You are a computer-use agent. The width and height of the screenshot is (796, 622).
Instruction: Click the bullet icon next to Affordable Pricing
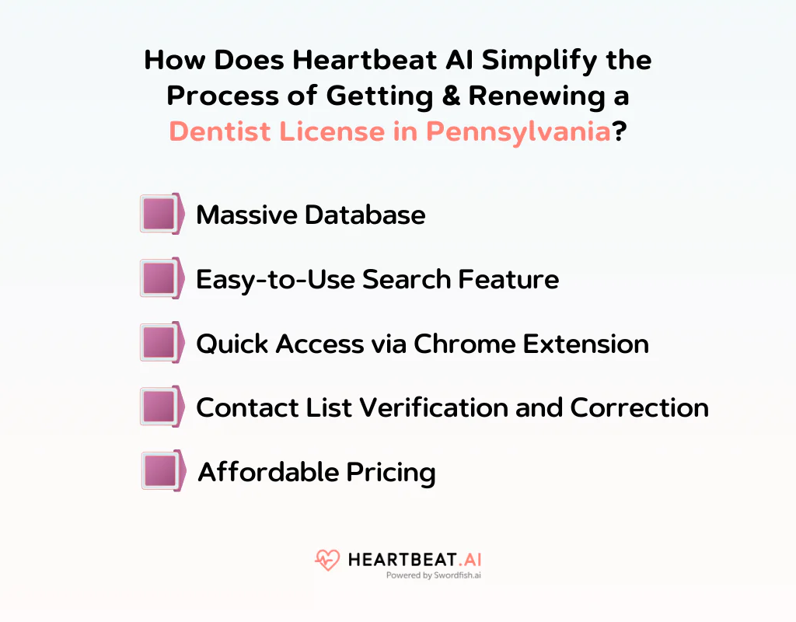(162, 471)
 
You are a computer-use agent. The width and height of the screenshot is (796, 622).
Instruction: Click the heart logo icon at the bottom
(327, 561)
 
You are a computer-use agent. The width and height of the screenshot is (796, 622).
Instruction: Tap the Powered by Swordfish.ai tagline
(434, 576)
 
